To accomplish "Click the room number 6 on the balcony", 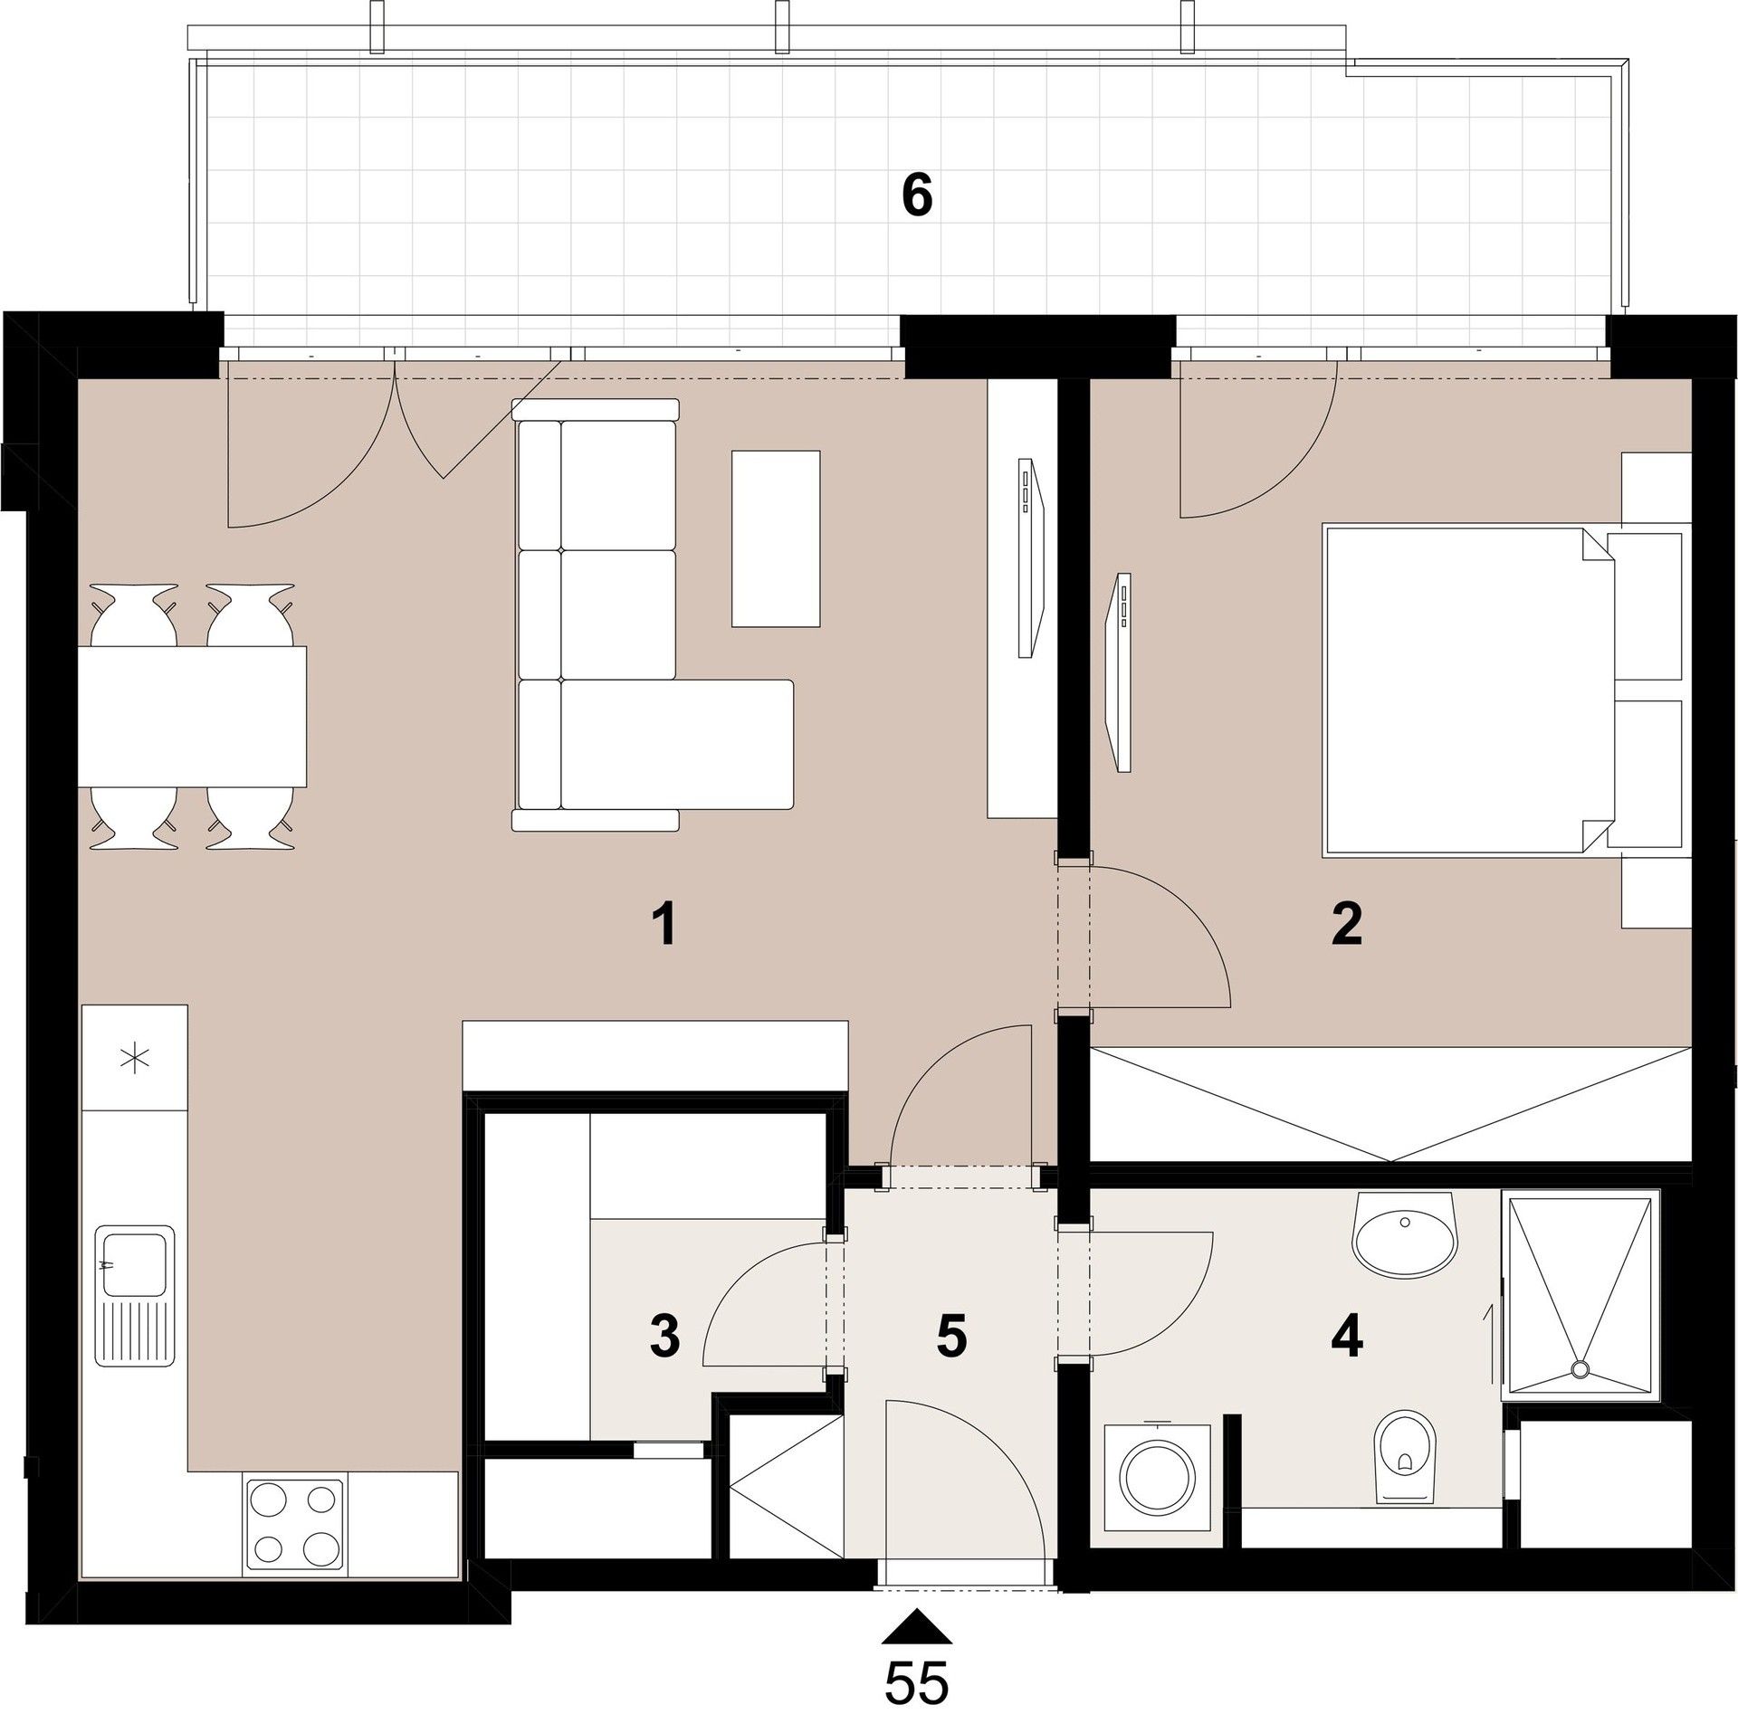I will click(917, 197).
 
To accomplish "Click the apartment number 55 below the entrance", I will click(917, 1683).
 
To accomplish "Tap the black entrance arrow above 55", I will click(917, 1625).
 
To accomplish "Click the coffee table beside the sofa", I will click(776, 538).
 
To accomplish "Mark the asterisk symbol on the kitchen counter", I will click(135, 1058).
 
